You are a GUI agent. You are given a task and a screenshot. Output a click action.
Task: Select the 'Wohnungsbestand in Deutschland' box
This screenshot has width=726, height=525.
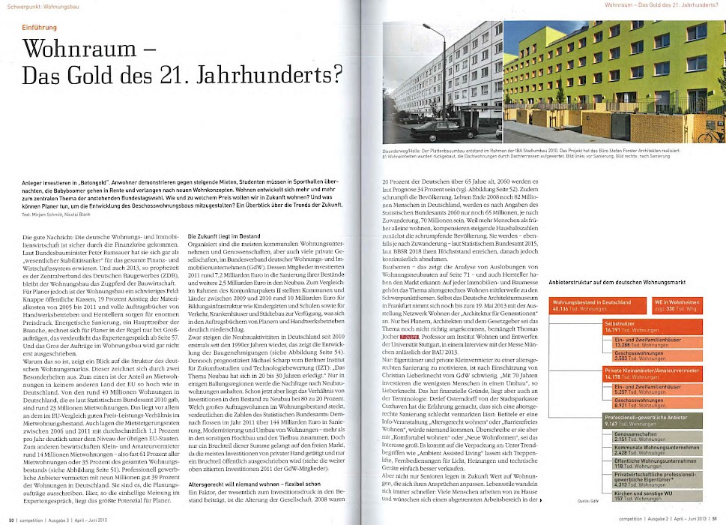pos(593,304)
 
